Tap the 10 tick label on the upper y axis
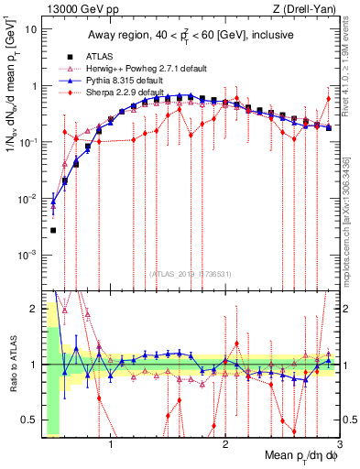pyautogui.click(x=30, y=28)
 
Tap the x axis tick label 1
pyautogui.click(x=111, y=446)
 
